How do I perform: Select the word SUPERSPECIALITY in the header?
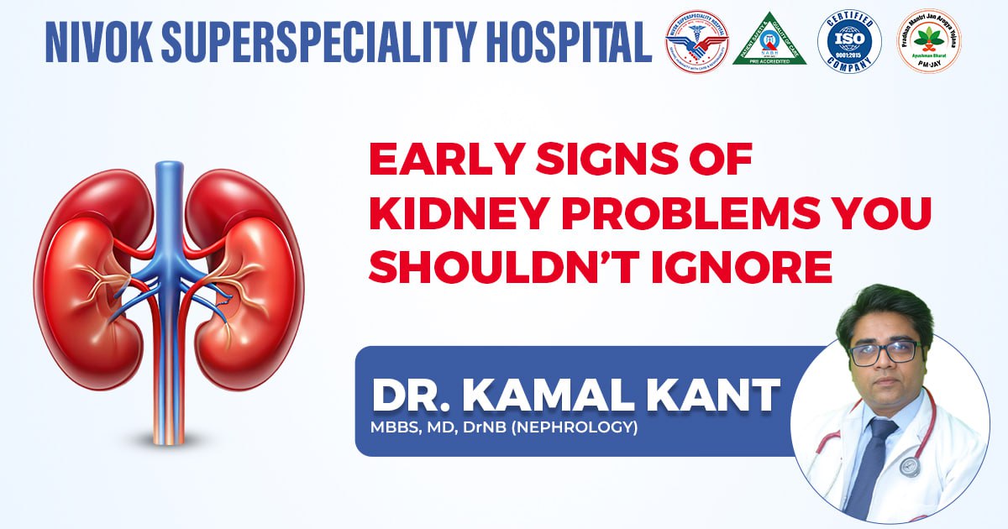coord(334,41)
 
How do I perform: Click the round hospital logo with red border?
coord(696,41)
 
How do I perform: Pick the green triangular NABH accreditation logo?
coord(769,41)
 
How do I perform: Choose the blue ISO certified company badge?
coord(849,42)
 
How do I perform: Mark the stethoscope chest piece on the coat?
coord(910,464)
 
